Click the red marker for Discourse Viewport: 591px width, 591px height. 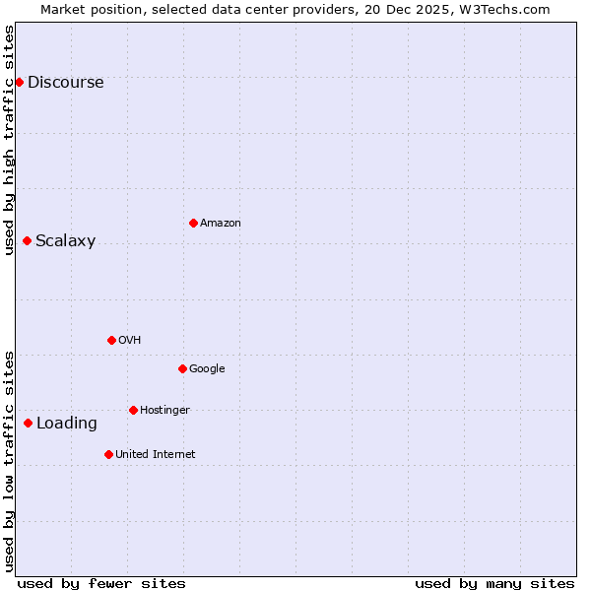[x=19, y=82]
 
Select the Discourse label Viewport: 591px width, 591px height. [x=65, y=83]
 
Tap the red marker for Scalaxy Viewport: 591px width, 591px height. [x=27, y=240]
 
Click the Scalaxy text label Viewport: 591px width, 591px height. [x=65, y=241]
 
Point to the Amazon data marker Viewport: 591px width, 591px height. [x=193, y=223]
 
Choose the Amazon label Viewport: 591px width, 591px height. [x=220, y=224]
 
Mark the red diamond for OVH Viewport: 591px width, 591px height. [x=111, y=340]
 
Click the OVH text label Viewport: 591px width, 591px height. [x=129, y=341]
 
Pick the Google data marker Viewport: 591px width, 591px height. [x=182, y=368]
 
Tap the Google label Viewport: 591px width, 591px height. [x=207, y=369]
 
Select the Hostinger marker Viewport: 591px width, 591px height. [x=133, y=410]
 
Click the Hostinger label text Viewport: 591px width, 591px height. [x=164, y=411]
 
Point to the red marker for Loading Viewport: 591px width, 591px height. [x=28, y=423]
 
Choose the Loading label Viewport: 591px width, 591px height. [x=66, y=424]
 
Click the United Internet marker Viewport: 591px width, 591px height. [x=108, y=454]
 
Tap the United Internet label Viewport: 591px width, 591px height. [x=155, y=455]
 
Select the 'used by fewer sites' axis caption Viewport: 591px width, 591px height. [x=101, y=583]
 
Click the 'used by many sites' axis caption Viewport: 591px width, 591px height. [x=494, y=583]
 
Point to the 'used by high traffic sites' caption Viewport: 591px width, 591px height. [x=9, y=139]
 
